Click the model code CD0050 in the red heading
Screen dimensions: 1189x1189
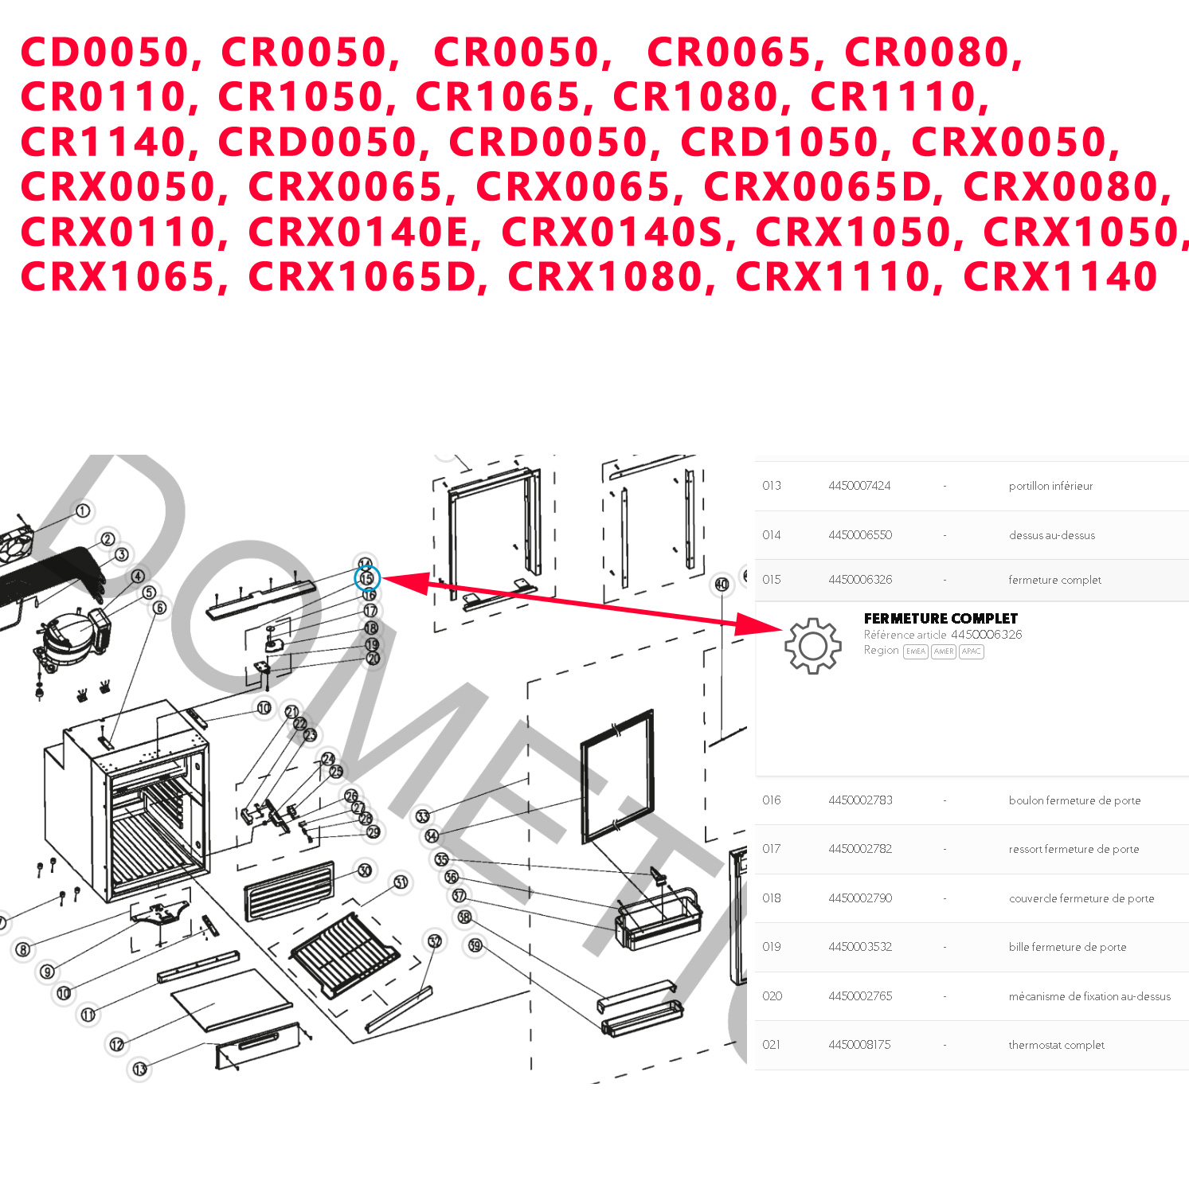(104, 53)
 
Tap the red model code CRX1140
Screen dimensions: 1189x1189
(1059, 277)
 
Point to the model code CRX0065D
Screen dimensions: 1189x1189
(818, 187)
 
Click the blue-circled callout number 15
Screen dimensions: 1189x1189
(366, 579)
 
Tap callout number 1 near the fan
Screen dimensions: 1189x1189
(82, 510)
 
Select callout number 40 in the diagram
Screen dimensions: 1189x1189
(722, 584)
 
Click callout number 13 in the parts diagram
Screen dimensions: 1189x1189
(139, 1069)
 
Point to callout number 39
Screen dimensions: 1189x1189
(475, 945)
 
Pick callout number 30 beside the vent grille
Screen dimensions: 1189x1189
(365, 870)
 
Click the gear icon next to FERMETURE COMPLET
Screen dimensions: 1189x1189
(812, 646)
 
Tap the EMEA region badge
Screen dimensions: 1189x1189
(915, 651)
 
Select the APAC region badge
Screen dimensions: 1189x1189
(971, 651)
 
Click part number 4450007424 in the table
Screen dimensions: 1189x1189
(859, 486)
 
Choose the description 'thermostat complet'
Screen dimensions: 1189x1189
(1056, 1045)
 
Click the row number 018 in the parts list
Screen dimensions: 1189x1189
(771, 898)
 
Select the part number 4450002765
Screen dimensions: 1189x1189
(860, 996)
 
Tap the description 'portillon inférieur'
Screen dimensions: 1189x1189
(1050, 486)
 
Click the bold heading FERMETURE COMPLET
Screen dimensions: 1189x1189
(941, 619)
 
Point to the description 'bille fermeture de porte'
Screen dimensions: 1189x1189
(1067, 947)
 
